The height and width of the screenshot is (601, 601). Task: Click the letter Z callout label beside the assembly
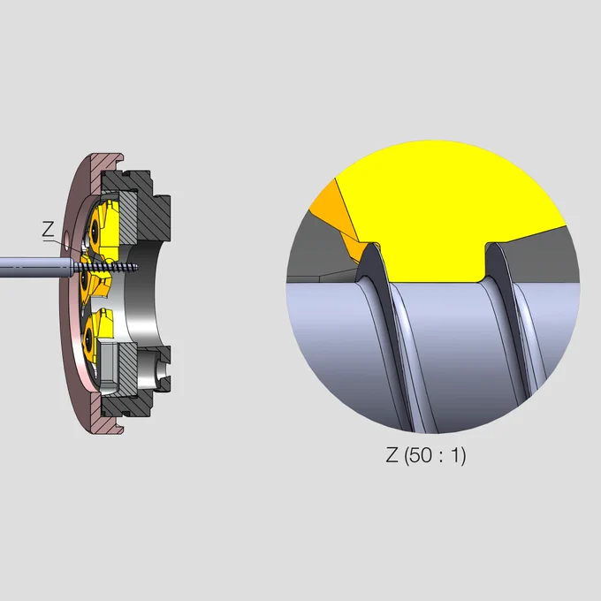pos(48,230)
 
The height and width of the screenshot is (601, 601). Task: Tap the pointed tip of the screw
pos(138,266)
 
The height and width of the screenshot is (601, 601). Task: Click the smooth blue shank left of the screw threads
pos(35,267)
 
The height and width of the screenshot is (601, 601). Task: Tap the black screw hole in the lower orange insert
pos(87,339)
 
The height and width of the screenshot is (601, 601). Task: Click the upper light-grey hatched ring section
pos(128,217)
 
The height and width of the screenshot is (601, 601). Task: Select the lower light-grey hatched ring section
pos(128,368)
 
